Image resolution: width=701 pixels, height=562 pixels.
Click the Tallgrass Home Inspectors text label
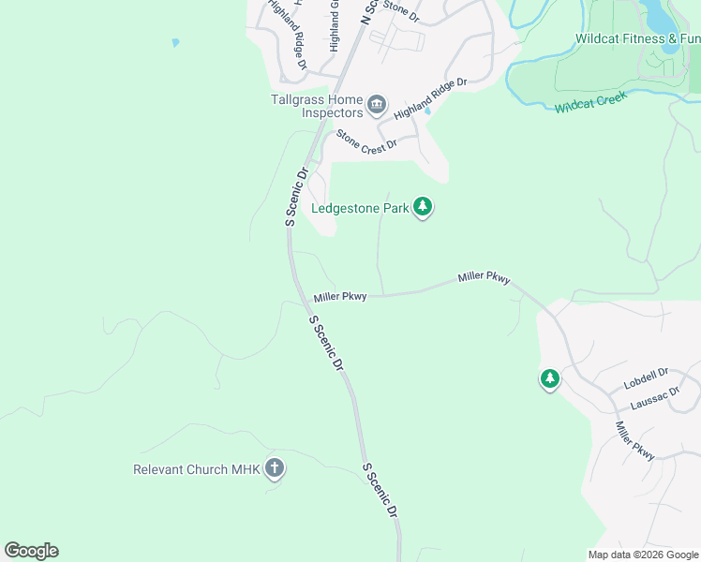[x=317, y=105]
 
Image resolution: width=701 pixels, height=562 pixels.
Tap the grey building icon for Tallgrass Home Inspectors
[x=377, y=104]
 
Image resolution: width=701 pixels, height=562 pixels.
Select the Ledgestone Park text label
[x=360, y=208]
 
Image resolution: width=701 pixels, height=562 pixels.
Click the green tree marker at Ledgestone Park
[x=423, y=207]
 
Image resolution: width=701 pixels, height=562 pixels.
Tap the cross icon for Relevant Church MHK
[x=275, y=468]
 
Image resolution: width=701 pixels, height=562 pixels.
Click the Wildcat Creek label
[x=589, y=102]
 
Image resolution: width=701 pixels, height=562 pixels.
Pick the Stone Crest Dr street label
[x=366, y=140]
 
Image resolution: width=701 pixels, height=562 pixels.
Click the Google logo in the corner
[x=31, y=550]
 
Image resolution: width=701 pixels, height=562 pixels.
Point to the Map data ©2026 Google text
[x=643, y=555]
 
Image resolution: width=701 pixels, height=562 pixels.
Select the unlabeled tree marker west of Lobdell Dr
[x=549, y=379]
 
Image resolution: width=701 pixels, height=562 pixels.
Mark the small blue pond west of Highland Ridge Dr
[x=175, y=43]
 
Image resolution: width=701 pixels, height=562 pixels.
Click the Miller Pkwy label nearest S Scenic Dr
[x=339, y=297]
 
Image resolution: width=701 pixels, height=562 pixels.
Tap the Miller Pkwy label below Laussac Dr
[x=634, y=440]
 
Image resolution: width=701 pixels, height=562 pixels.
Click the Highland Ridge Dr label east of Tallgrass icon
[x=430, y=98]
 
